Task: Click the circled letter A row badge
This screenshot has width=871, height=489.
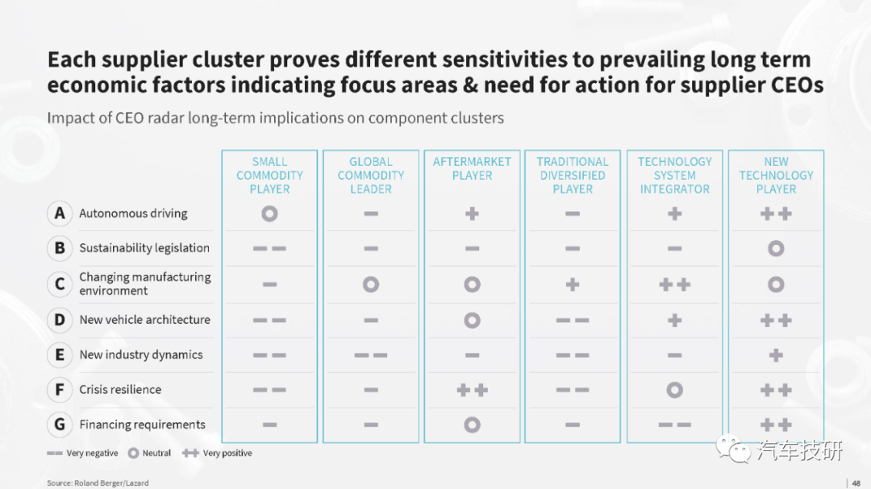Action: (x=60, y=213)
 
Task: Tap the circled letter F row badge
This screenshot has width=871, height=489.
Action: (x=60, y=390)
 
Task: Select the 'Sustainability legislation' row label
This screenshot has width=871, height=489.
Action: (x=144, y=248)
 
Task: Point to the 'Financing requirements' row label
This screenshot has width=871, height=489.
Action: (x=142, y=425)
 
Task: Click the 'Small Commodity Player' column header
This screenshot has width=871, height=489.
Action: (x=269, y=176)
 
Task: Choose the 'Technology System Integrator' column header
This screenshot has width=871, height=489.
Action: (x=674, y=176)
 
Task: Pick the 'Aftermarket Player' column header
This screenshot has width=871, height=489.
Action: (x=472, y=168)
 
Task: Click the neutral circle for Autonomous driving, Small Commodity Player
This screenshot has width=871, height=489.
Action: (x=269, y=213)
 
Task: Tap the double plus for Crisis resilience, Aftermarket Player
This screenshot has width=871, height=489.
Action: (x=472, y=390)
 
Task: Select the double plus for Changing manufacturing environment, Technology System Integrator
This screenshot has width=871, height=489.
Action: (x=675, y=284)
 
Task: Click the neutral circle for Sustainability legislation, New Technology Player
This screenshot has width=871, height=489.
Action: (x=776, y=249)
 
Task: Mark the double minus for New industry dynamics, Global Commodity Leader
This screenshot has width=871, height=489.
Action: (x=371, y=355)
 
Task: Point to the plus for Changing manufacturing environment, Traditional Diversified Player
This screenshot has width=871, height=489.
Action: (x=573, y=284)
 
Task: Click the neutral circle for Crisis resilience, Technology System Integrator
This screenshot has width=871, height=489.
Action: (x=675, y=390)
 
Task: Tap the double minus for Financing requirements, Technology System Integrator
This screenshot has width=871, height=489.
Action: (x=675, y=425)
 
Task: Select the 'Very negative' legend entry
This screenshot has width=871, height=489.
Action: (x=82, y=454)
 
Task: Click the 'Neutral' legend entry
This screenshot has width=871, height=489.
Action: (x=149, y=454)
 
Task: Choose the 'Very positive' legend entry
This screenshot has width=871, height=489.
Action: (x=217, y=454)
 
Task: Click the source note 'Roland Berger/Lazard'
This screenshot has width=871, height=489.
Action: (x=111, y=483)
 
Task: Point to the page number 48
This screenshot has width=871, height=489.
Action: (x=856, y=483)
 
